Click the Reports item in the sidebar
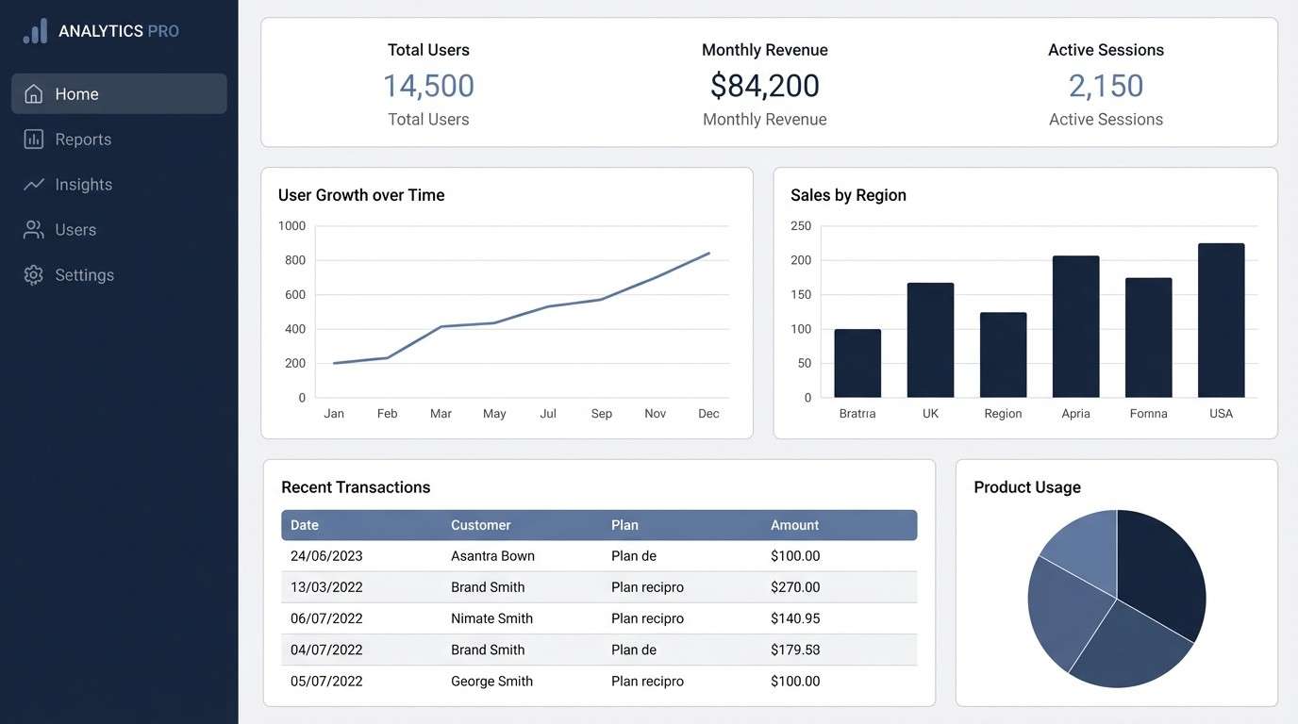[x=83, y=140]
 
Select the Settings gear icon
[x=34, y=275]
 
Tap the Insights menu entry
[x=83, y=185]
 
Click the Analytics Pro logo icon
[x=35, y=31]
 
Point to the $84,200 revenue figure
[x=764, y=86]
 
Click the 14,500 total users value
[x=428, y=86]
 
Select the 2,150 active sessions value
[x=1106, y=86]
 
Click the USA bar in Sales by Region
[x=1221, y=321]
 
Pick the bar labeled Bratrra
[x=857, y=363]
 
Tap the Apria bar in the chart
[x=1075, y=326]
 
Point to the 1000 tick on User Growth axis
[x=292, y=225]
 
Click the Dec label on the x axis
[x=708, y=413]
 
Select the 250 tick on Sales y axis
[x=801, y=225]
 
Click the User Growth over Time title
[x=361, y=195]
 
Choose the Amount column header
[x=794, y=525]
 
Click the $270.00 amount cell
[x=795, y=587]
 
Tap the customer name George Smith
[x=491, y=682]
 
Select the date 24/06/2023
[x=326, y=556]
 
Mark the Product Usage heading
[x=1027, y=487]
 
